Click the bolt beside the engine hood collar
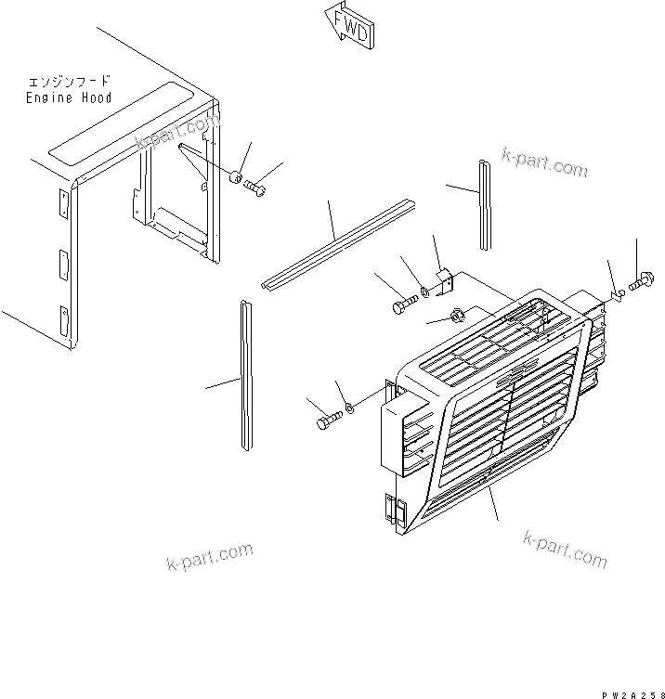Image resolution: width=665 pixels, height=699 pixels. coord(256,188)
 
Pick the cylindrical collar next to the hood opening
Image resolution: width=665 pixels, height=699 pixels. coord(236,176)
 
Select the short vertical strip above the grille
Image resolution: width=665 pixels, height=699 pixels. coord(485,204)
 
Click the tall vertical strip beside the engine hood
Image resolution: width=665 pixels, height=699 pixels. coord(245,375)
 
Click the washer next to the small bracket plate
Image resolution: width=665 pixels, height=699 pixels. coord(424,293)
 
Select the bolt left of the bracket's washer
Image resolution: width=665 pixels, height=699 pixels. coord(398,304)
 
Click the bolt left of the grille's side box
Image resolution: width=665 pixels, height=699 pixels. coord(328,422)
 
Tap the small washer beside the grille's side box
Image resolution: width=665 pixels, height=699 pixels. coord(349,408)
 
